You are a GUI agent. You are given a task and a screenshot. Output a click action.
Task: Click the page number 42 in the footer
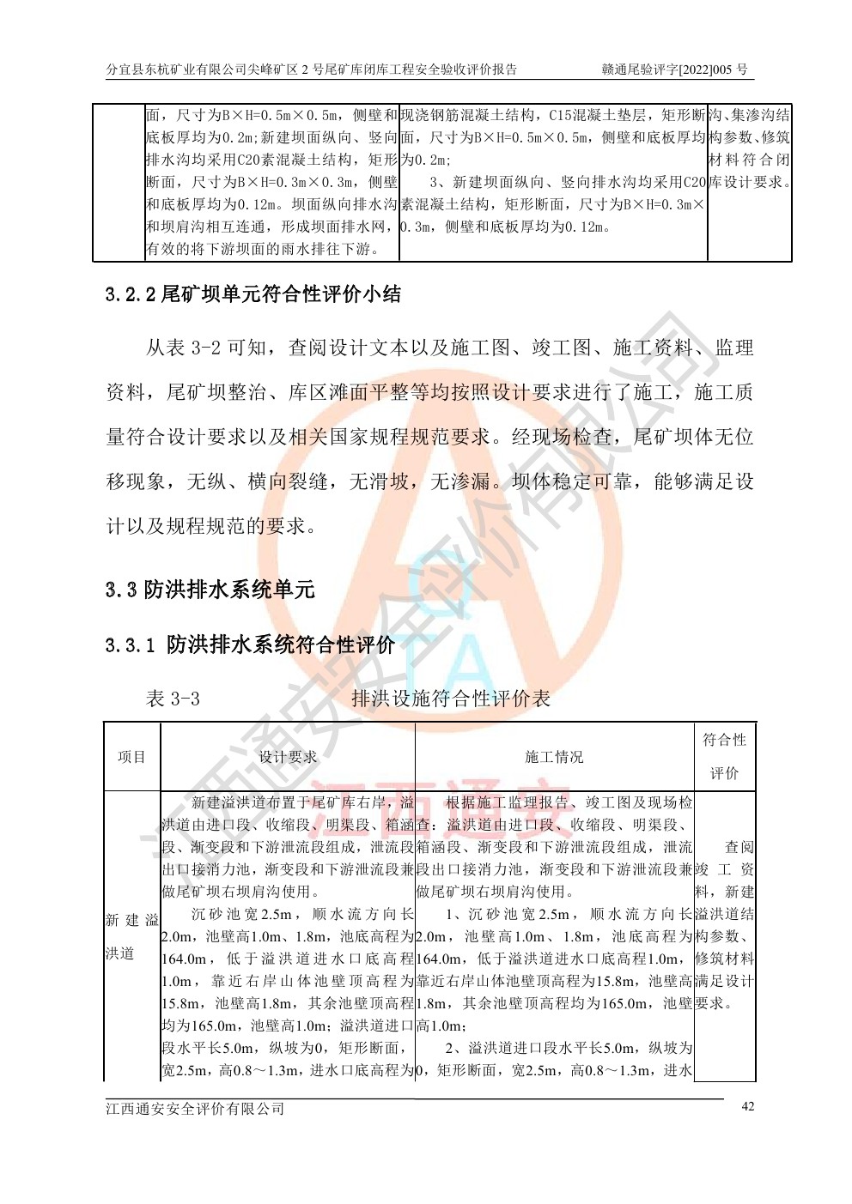click(747, 1106)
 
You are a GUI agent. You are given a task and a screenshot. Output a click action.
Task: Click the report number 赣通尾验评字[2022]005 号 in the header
click(674, 70)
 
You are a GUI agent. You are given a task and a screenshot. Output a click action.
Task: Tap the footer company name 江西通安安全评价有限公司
click(195, 1108)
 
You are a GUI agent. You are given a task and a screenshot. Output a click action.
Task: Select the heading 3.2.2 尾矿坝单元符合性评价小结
click(253, 294)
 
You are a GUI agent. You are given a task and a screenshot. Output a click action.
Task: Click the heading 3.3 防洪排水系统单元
click(210, 590)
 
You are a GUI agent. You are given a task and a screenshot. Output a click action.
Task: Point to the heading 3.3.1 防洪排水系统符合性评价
click(251, 644)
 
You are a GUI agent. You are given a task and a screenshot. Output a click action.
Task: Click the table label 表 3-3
click(173, 699)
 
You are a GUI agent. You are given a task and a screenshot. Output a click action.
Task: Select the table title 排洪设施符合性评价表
click(451, 699)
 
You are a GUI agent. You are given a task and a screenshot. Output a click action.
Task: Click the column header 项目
click(131, 757)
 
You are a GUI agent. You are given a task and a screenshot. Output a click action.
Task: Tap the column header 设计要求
click(288, 757)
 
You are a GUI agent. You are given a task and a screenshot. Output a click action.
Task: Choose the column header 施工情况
click(554, 757)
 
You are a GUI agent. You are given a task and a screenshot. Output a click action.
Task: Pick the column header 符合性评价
click(724, 756)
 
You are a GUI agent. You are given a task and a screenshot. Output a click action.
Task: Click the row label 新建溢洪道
click(131, 936)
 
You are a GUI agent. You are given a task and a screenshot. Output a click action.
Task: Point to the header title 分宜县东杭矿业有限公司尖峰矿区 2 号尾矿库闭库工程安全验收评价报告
click(311, 70)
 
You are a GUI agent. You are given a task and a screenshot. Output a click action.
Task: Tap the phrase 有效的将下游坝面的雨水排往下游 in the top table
click(260, 250)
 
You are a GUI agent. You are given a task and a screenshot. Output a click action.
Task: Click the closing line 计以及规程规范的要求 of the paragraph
click(211, 526)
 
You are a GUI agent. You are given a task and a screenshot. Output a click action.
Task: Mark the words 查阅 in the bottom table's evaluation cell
click(739, 847)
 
